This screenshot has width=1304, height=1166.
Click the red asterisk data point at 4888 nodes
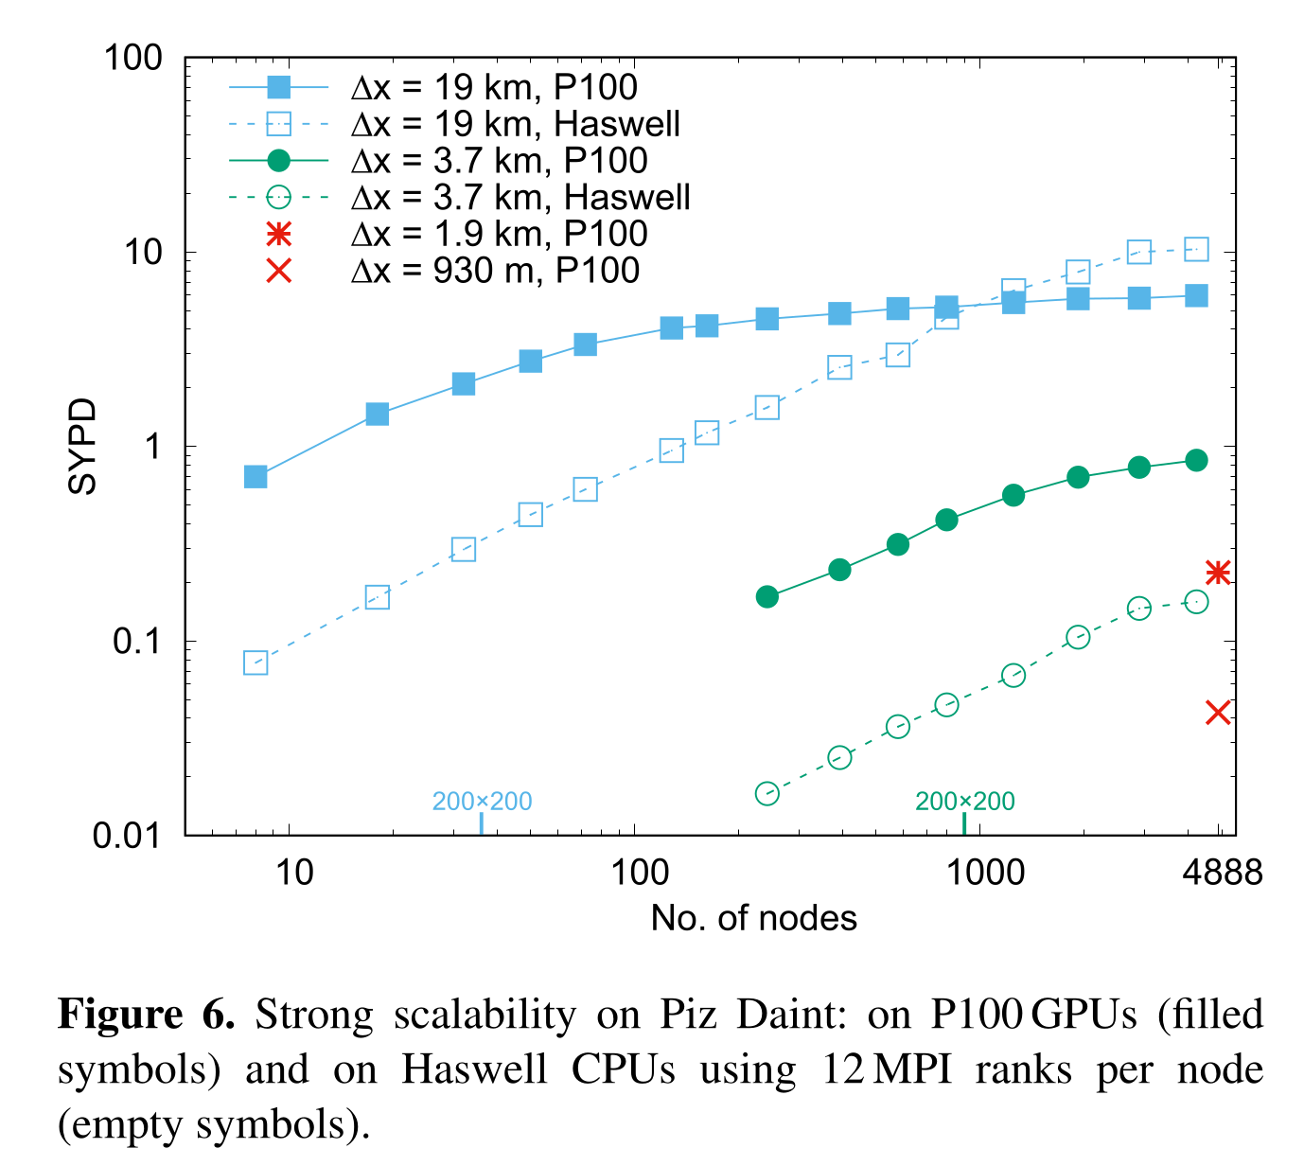[x=1218, y=573]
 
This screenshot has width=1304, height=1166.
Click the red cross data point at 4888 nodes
[x=1218, y=713]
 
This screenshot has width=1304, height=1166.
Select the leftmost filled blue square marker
[x=256, y=476]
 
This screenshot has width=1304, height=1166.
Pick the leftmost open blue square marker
[x=256, y=662]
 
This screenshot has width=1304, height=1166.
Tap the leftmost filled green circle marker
[x=767, y=596]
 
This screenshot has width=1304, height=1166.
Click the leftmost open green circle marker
[x=767, y=793]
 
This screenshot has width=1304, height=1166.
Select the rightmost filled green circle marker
[x=1196, y=460]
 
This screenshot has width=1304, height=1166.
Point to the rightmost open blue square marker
[x=1196, y=249]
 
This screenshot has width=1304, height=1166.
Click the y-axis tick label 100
[x=132, y=58]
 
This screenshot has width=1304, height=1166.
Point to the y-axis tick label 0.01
[x=128, y=836]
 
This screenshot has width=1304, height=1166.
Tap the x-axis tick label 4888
[x=1222, y=872]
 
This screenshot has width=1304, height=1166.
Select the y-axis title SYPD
[x=83, y=446]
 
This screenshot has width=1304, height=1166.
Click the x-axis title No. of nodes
[x=753, y=918]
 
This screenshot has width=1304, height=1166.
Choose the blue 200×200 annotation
[x=482, y=802]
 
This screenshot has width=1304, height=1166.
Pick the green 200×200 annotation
[x=964, y=802]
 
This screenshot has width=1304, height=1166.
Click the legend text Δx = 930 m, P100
[x=495, y=271]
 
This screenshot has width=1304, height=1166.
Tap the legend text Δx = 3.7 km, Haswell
[x=520, y=197]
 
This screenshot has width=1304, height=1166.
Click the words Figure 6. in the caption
[x=147, y=1015]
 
